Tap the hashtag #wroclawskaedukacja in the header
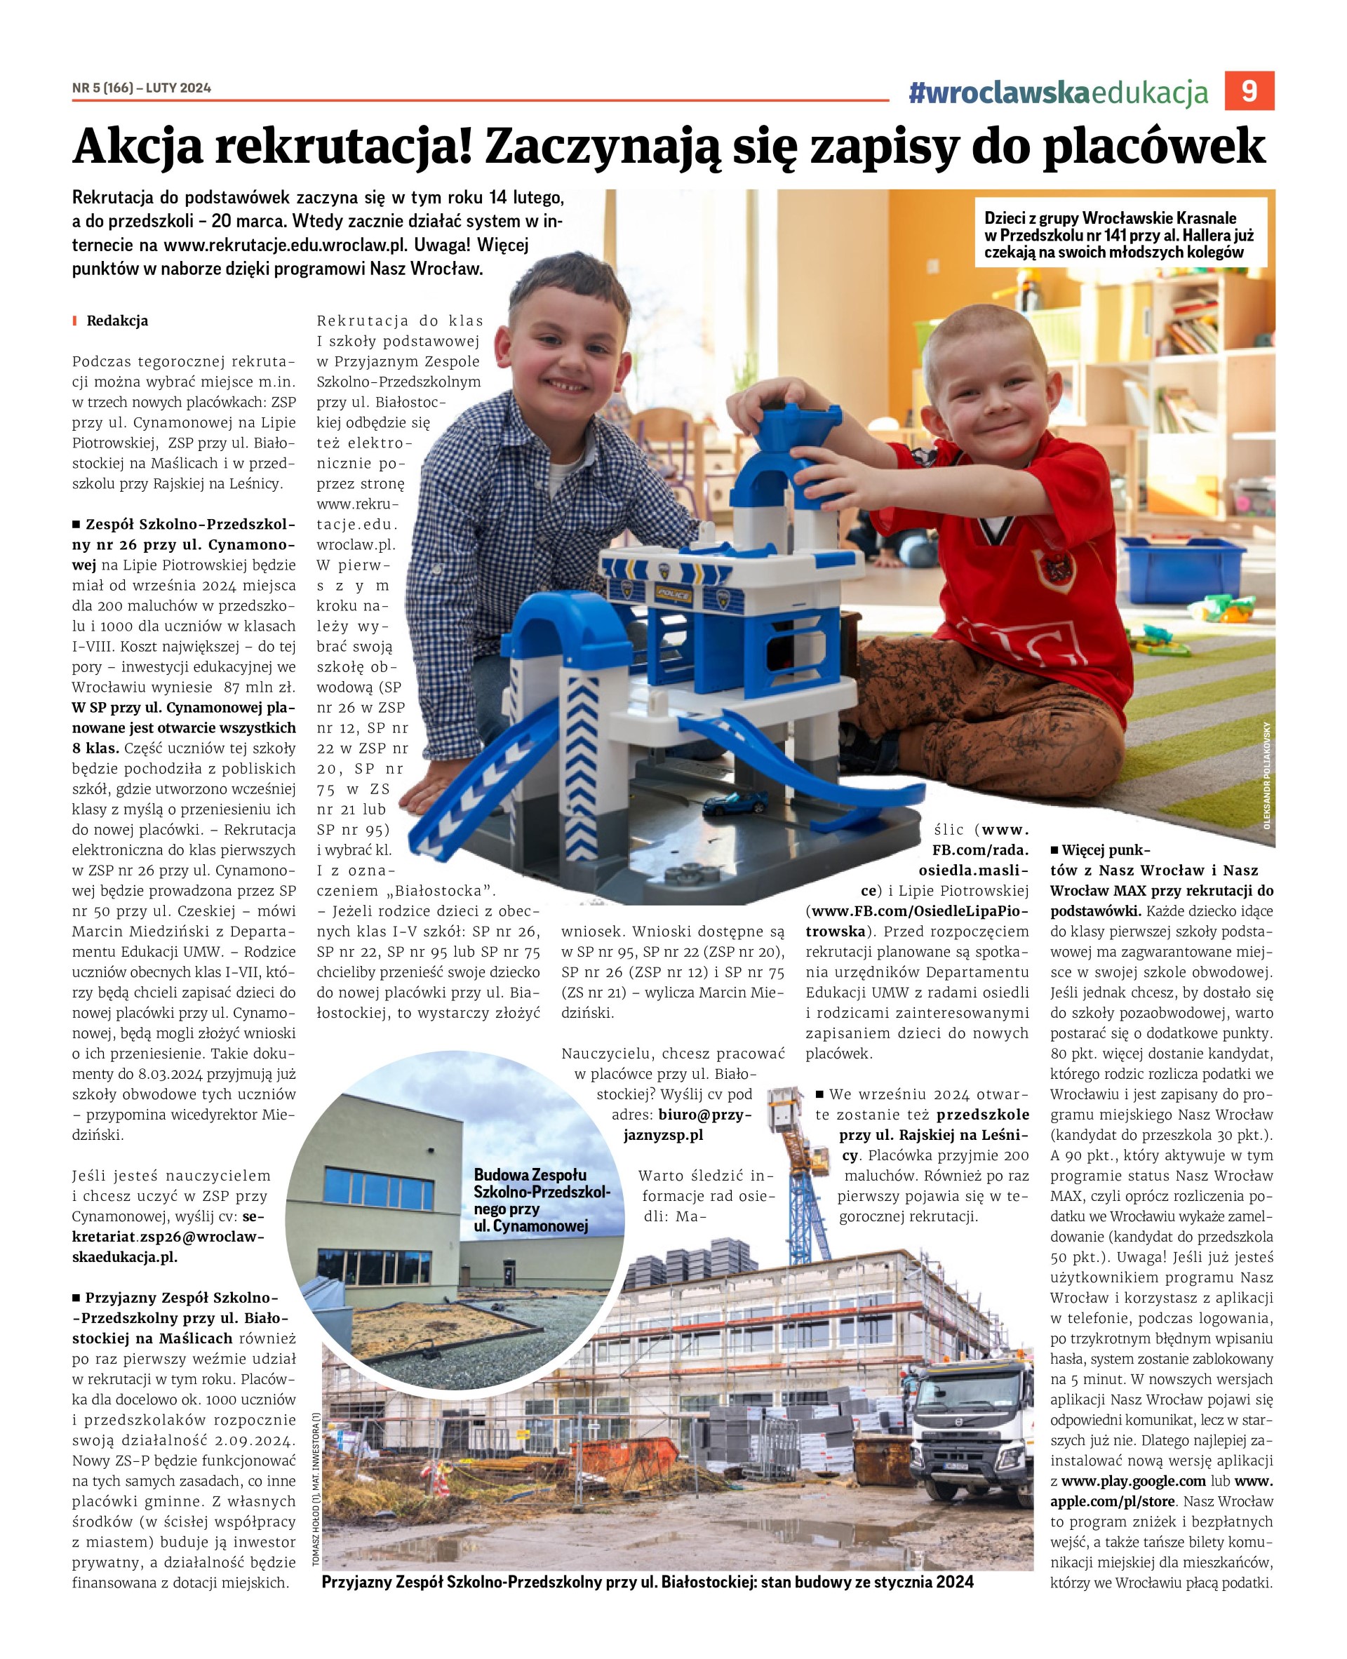pyautogui.click(x=1059, y=93)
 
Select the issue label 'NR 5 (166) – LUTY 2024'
pyautogui.click(x=141, y=88)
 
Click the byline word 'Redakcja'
pyautogui.click(x=117, y=321)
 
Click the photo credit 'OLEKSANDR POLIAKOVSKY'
pyautogui.click(x=1266, y=776)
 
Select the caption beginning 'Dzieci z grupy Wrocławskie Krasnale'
pyautogui.click(x=1120, y=234)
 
